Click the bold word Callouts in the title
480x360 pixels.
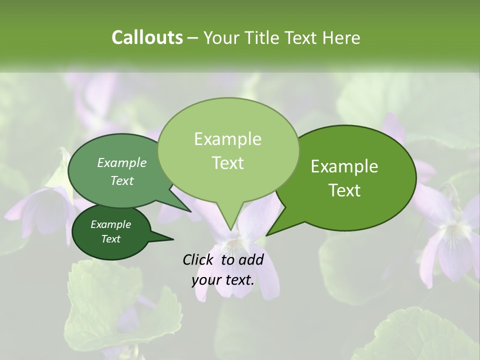point(147,37)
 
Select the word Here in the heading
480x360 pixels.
point(342,37)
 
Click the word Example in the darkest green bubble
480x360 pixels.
point(110,224)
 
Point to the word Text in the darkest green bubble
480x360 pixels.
point(110,239)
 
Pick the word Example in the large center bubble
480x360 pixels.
point(227,139)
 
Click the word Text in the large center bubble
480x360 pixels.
point(227,163)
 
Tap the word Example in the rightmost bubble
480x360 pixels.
point(344,166)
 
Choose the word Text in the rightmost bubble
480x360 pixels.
point(344,190)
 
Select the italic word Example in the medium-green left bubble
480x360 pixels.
point(122,162)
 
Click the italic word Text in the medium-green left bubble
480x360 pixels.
point(122,180)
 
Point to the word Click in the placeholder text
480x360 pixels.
point(199,259)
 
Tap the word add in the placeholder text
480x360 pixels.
point(250,259)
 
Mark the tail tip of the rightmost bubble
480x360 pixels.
point(266,235)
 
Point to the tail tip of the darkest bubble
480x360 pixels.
point(173,239)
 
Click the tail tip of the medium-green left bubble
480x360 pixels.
point(191,212)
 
